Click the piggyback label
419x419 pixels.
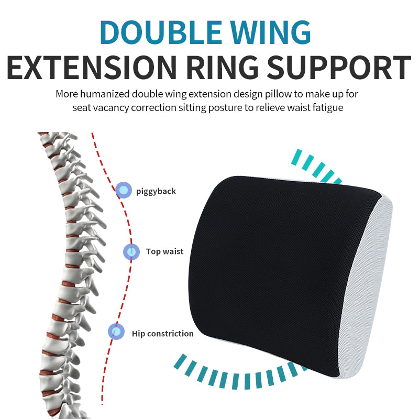click(x=156, y=191)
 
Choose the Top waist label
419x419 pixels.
click(x=165, y=251)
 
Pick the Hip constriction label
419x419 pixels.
click(x=162, y=333)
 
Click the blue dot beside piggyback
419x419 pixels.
click(x=124, y=190)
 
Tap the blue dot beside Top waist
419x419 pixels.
click(x=131, y=252)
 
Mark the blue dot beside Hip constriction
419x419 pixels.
click(x=116, y=332)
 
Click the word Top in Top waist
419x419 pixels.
click(x=153, y=251)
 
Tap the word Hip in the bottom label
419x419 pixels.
click(x=138, y=333)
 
